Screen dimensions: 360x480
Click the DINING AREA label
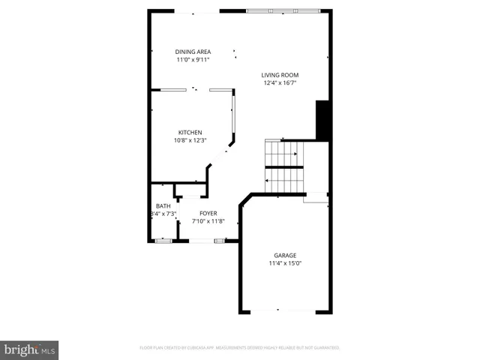(x=193, y=52)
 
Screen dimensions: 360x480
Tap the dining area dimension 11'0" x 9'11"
(x=193, y=60)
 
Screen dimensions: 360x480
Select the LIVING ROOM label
(x=280, y=75)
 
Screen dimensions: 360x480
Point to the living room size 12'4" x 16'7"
(x=280, y=83)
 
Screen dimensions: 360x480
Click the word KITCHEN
(x=189, y=132)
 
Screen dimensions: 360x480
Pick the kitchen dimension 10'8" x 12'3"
(x=189, y=140)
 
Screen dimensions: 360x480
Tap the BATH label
(x=163, y=206)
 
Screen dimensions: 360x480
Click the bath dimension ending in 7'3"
(x=163, y=214)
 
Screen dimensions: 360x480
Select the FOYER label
(x=208, y=214)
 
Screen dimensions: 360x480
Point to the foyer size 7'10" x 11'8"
(x=208, y=222)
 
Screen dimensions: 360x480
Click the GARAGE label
(x=284, y=255)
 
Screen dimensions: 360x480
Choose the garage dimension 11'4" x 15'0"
(x=284, y=263)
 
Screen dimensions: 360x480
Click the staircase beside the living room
(x=284, y=166)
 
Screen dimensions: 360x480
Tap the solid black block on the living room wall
(x=323, y=120)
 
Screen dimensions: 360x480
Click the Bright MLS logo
(x=29, y=349)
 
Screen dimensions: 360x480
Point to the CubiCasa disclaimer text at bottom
(x=239, y=348)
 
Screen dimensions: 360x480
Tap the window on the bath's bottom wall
(x=163, y=241)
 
